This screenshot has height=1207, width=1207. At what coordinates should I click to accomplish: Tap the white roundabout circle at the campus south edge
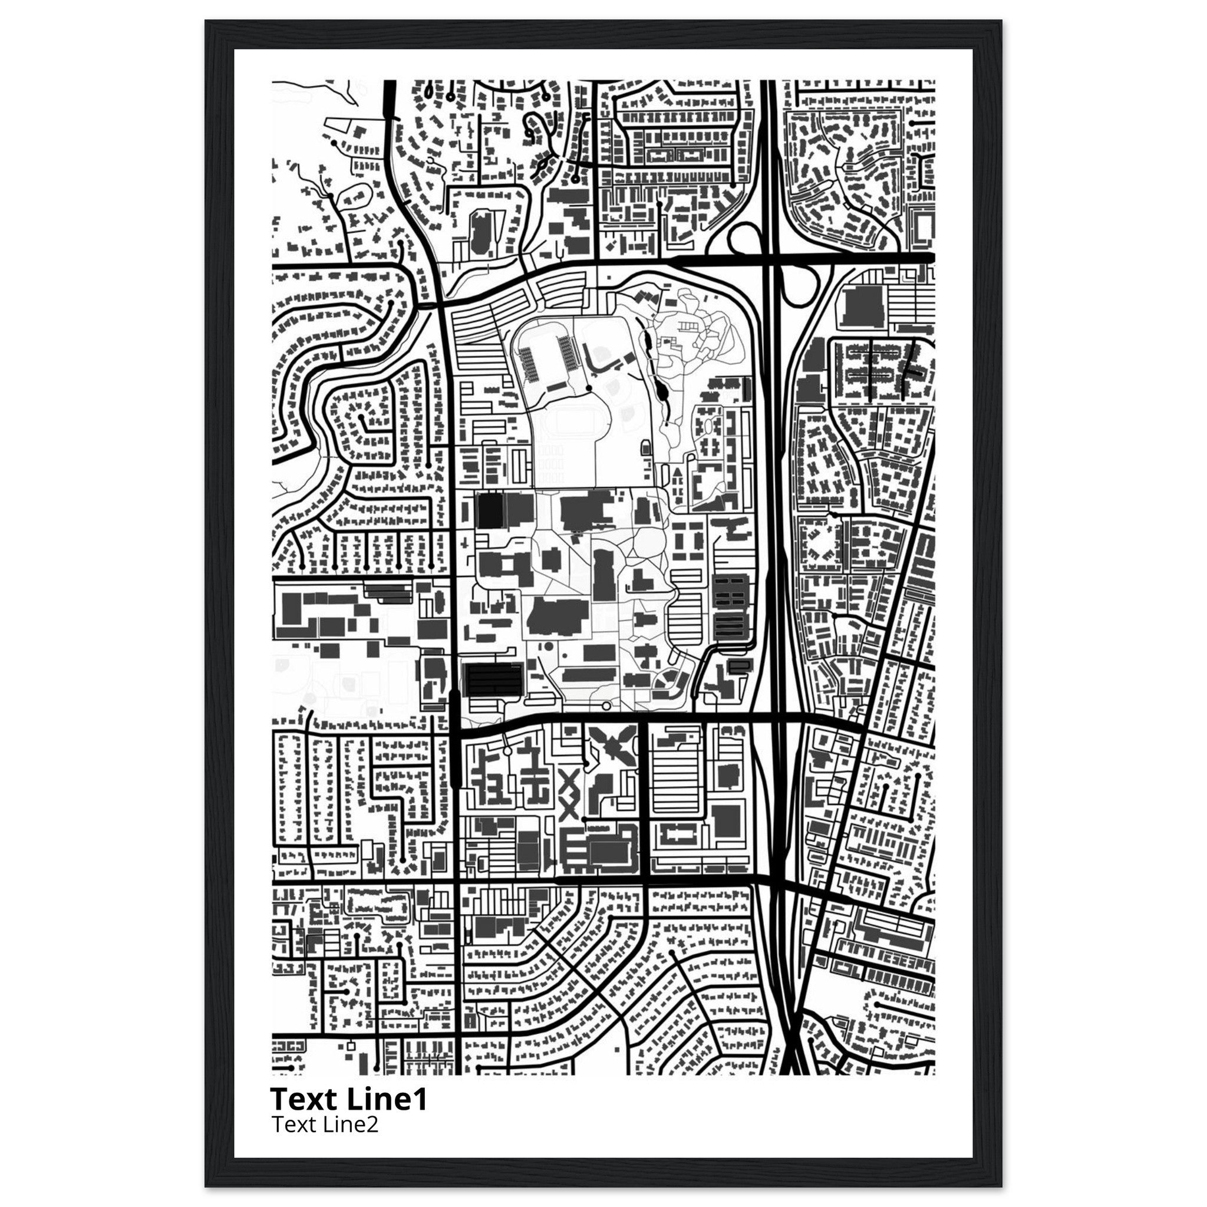point(606,706)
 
